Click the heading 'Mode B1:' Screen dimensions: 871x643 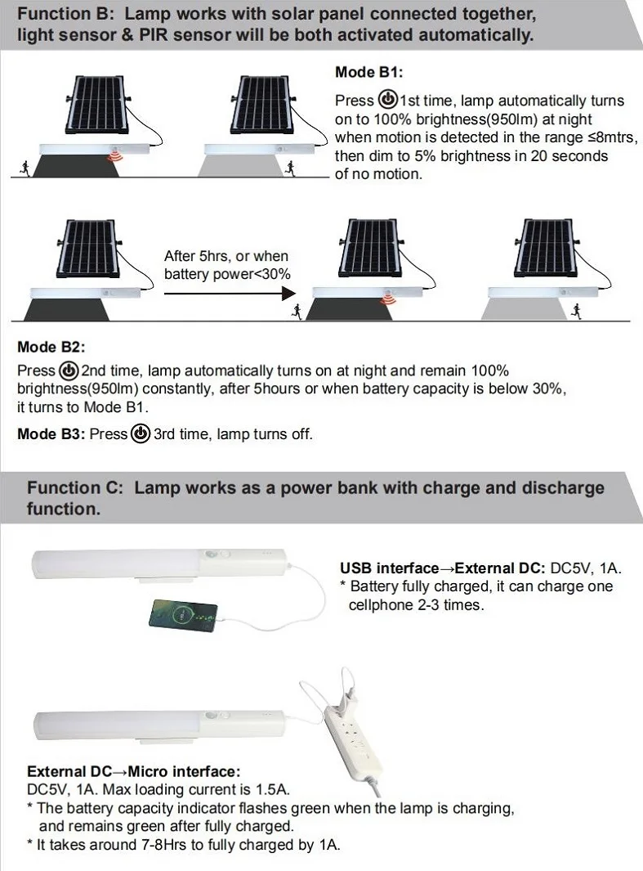(368, 73)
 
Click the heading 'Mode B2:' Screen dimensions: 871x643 (51, 347)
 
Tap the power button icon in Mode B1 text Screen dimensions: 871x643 (387, 100)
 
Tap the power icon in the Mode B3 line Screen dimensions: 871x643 (141, 433)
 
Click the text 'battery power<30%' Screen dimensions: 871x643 (227, 274)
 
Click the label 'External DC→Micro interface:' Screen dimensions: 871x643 (134, 771)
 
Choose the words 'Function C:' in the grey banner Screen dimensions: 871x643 (74, 488)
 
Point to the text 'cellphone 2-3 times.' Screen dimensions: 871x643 (416, 605)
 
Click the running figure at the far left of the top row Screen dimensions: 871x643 (25, 167)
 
